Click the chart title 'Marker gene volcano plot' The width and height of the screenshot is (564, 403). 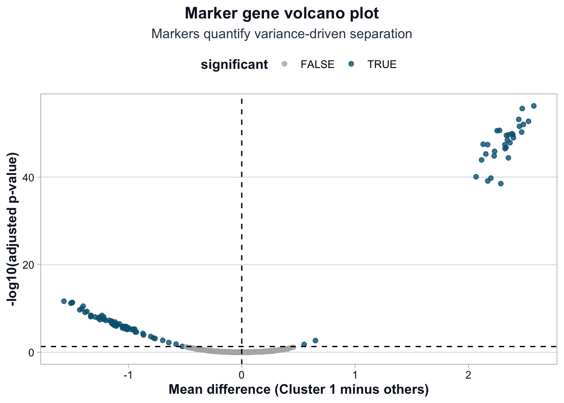282,13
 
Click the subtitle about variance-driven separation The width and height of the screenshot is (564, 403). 282,34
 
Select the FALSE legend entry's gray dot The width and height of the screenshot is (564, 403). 284,64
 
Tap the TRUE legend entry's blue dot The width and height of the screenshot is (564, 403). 352,64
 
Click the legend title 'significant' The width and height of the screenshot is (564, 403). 234,65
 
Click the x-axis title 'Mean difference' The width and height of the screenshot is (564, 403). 298,390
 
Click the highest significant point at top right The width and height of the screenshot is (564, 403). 534,106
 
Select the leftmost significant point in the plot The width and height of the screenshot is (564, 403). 64,301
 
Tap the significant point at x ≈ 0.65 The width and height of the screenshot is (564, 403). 316,340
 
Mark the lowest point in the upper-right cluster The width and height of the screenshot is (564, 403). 501,183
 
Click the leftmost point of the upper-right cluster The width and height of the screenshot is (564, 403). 476,177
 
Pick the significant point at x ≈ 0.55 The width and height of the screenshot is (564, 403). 304,344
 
